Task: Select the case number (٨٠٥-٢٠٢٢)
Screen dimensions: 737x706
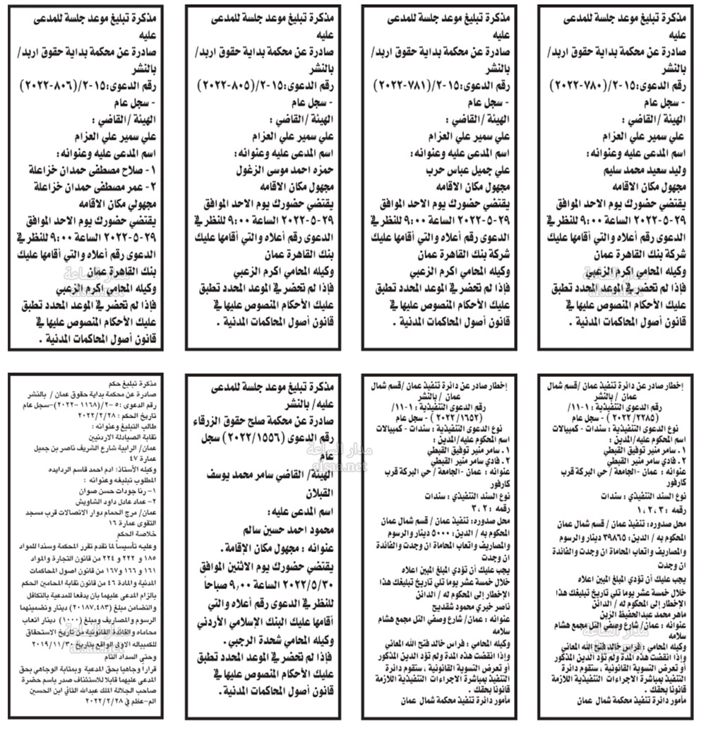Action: click(x=221, y=84)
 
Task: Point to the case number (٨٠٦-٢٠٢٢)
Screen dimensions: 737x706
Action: click(x=45, y=84)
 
